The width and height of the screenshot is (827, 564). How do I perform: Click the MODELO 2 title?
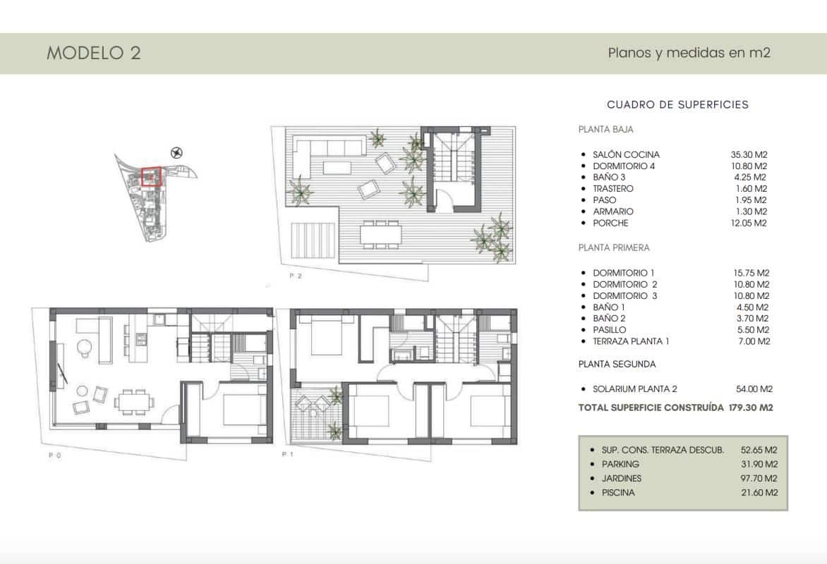pyautogui.click(x=94, y=54)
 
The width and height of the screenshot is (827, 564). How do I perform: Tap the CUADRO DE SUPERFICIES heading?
pyautogui.click(x=677, y=104)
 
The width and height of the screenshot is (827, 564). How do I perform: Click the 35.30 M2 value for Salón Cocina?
pyautogui.click(x=749, y=154)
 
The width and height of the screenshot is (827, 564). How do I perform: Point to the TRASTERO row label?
pyautogui.click(x=613, y=189)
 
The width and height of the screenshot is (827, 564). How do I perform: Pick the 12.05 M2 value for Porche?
pyautogui.click(x=749, y=223)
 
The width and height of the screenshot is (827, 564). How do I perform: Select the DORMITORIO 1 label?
pyautogui.click(x=624, y=273)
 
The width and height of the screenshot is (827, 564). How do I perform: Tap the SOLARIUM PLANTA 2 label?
pyautogui.click(x=636, y=389)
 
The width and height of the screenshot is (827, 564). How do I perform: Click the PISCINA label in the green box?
pyautogui.click(x=618, y=493)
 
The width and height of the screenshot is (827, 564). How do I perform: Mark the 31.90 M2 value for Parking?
pyautogui.click(x=759, y=464)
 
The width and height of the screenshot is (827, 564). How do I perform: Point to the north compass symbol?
pyautogui.click(x=177, y=152)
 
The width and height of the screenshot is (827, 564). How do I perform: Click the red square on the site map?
pyautogui.click(x=151, y=176)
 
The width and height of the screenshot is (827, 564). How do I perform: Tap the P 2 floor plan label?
pyautogui.click(x=295, y=277)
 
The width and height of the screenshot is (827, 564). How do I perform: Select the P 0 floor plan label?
pyautogui.click(x=54, y=456)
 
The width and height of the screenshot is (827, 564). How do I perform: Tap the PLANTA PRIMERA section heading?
pyautogui.click(x=614, y=248)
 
